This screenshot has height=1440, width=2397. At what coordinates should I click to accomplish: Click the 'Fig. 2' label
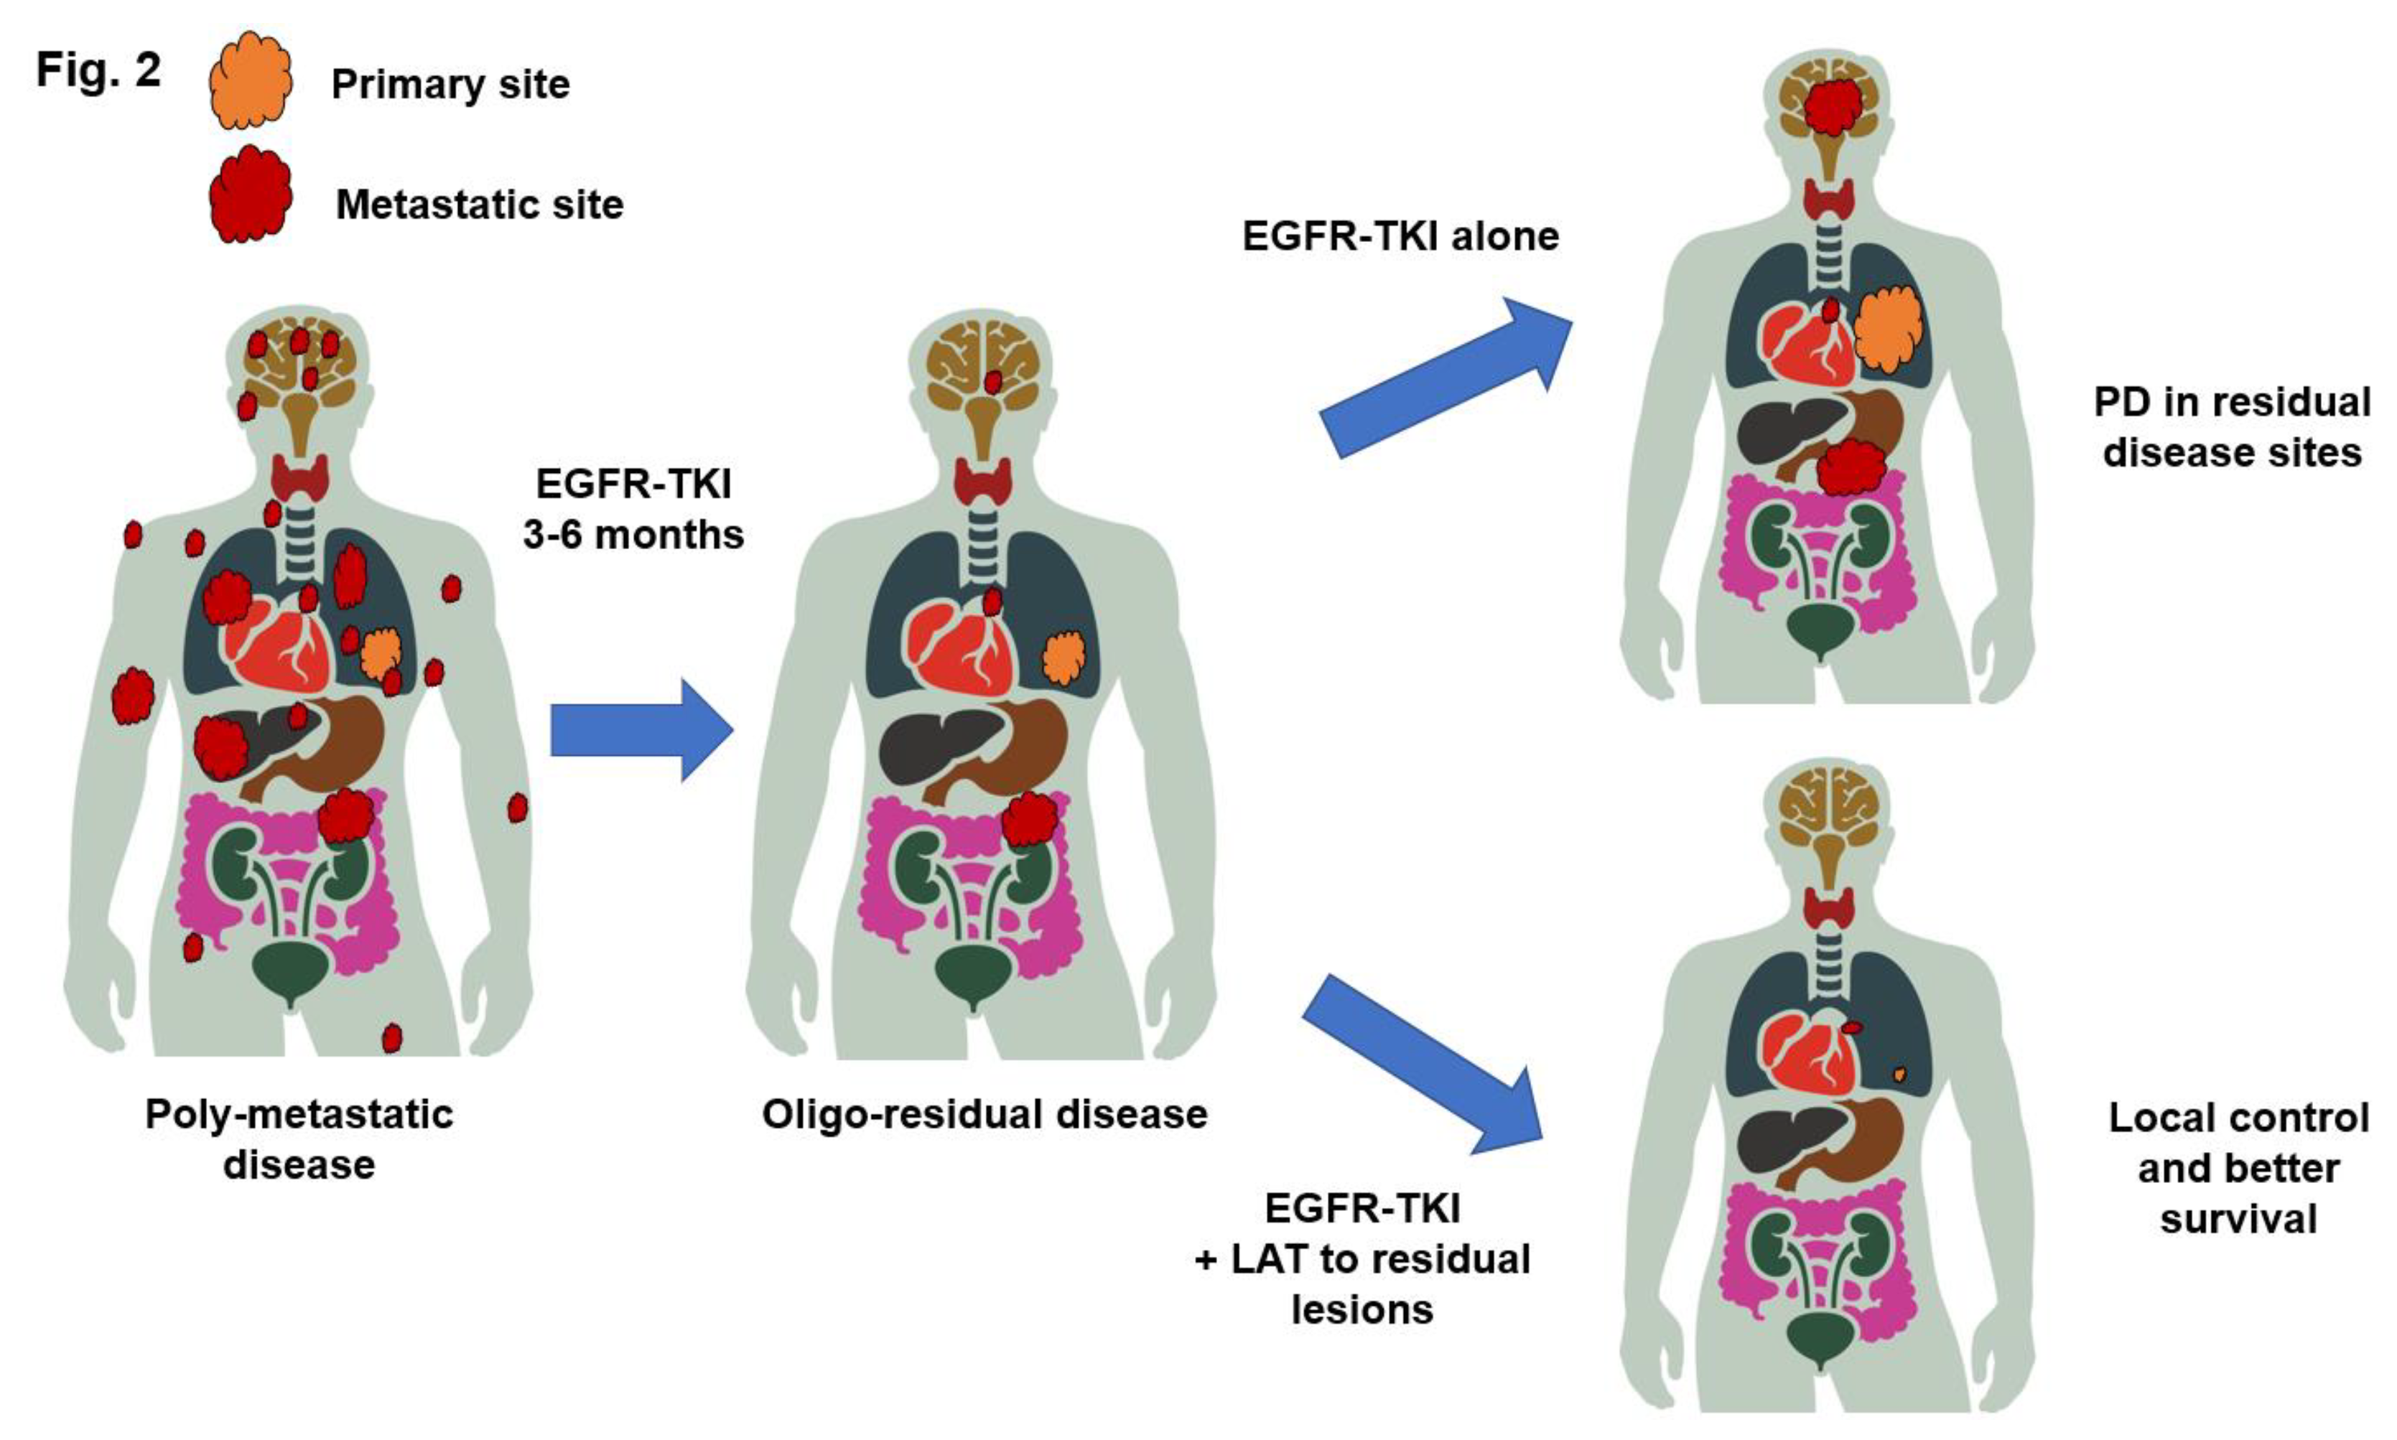click(98, 70)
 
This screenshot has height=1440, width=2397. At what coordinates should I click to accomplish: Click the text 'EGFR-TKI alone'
click(1400, 235)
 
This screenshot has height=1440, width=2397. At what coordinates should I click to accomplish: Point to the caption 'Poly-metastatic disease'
click(299, 1139)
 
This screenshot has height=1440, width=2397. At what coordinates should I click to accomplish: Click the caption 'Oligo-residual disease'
click(984, 1114)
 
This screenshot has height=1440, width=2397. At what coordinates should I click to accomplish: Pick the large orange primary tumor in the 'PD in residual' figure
click(1886, 329)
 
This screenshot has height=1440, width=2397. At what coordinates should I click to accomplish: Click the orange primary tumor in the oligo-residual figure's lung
click(1063, 657)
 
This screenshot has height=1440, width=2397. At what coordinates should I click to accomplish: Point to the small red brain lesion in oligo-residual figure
click(992, 381)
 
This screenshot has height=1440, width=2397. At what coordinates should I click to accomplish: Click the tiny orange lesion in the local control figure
click(1899, 1074)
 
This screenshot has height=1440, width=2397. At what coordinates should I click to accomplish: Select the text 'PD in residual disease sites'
click(2231, 427)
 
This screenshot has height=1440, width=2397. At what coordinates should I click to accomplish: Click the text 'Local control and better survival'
click(2238, 1169)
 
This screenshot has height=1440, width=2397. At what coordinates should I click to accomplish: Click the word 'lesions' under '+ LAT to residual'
click(1362, 1310)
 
